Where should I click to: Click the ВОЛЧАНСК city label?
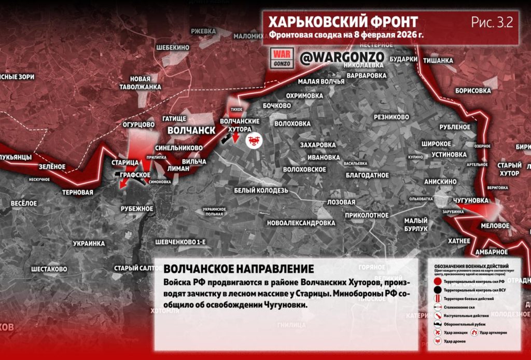pos(191,130)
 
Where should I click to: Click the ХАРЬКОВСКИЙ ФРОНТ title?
pos(343,22)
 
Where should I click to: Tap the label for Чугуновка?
pos(470,200)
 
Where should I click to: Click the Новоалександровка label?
pos(301,223)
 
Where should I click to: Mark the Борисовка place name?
pos(472,91)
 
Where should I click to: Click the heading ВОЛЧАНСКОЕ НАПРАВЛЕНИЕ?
pos(239,270)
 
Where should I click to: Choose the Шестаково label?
pos(49,269)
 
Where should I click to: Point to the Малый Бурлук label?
pos(416,224)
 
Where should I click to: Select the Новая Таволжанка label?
pos(145,82)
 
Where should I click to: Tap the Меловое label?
pos(495,226)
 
